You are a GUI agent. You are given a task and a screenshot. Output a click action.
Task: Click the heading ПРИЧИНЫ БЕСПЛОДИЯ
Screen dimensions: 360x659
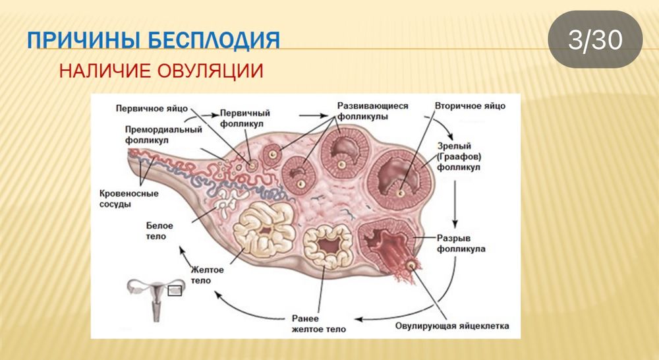tap(154, 40)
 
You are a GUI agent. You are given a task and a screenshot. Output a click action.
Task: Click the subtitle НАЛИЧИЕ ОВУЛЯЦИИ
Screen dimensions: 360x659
tap(161, 71)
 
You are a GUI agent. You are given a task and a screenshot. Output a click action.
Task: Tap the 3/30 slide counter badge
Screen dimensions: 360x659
tap(595, 40)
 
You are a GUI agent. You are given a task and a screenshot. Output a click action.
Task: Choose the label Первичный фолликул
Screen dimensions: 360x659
tap(245, 118)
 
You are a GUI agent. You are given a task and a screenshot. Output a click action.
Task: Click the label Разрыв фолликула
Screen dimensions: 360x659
tap(462, 243)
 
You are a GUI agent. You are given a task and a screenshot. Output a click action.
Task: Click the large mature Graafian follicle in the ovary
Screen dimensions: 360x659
tap(400, 173)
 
